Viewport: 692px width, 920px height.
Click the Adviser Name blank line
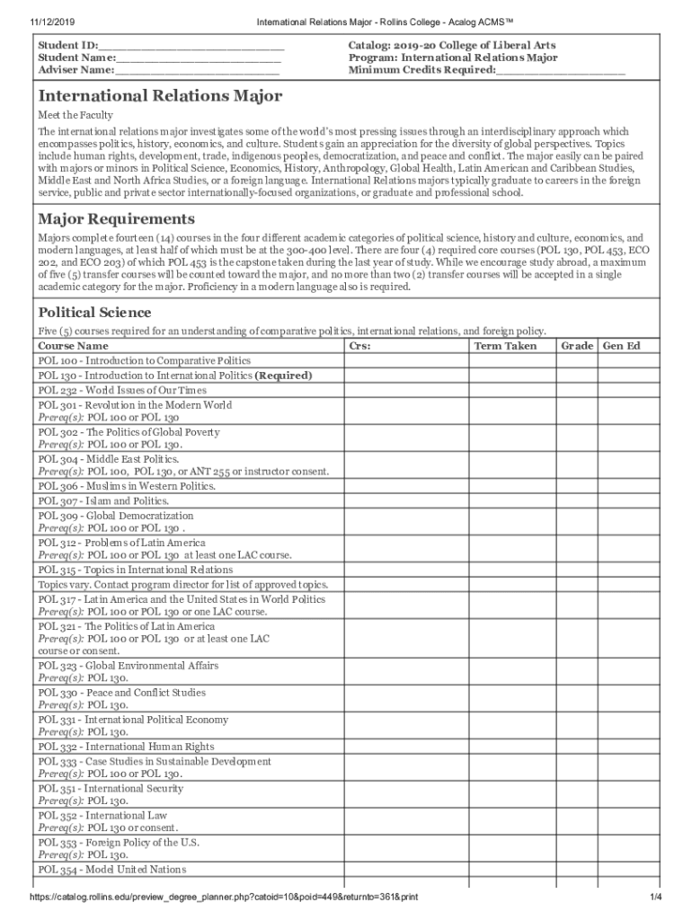tap(197, 69)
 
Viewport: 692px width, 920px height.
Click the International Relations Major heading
tap(160, 96)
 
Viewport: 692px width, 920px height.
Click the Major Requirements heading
tap(116, 219)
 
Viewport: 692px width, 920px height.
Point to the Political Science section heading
tap(94, 313)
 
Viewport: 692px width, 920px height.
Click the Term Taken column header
tap(505, 346)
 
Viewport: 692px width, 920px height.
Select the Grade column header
tap(577, 346)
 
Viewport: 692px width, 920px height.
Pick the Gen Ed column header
tap(621, 346)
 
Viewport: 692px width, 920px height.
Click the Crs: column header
tap(359, 346)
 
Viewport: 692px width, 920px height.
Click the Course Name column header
tap(73, 346)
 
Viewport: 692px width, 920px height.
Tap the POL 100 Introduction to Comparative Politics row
tap(144, 360)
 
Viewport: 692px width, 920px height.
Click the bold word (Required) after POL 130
tap(284, 376)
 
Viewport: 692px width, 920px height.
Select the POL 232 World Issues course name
tap(122, 390)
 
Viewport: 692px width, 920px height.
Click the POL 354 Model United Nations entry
tap(112, 870)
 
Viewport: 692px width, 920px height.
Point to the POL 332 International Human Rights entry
tap(126, 747)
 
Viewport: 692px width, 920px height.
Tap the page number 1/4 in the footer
tap(656, 898)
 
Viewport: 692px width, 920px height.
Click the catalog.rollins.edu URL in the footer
tap(224, 898)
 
